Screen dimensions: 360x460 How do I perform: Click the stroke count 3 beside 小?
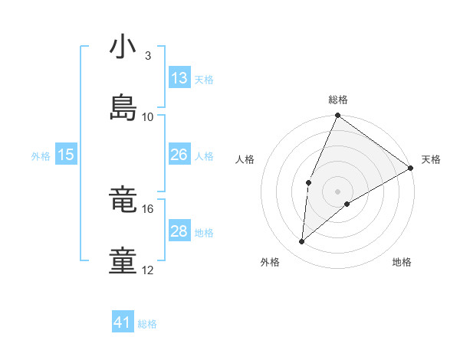coord(148,56)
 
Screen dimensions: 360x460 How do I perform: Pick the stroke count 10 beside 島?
coord(148,116)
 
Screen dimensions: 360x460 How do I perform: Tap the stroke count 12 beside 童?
coord(148,270)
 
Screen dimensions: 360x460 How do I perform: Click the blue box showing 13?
coord(179,78)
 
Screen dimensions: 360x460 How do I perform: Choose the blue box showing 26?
coord(179,155)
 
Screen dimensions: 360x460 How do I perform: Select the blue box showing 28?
coord(179,231)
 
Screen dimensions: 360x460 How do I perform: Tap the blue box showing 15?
coord(66,155)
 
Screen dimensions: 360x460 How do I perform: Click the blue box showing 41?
coord(123,322)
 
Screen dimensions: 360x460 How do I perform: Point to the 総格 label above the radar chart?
coord(338,100)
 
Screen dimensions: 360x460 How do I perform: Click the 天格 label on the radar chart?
coord(432,159)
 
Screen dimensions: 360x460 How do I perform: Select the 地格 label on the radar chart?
coord(402,263)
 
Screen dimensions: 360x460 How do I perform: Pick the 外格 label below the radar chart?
coord(270,263)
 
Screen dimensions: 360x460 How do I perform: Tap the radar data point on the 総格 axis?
coord(337,116)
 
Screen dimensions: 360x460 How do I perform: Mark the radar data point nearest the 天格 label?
coord(411,168)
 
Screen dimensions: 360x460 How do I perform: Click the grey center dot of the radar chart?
coord(337,191)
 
